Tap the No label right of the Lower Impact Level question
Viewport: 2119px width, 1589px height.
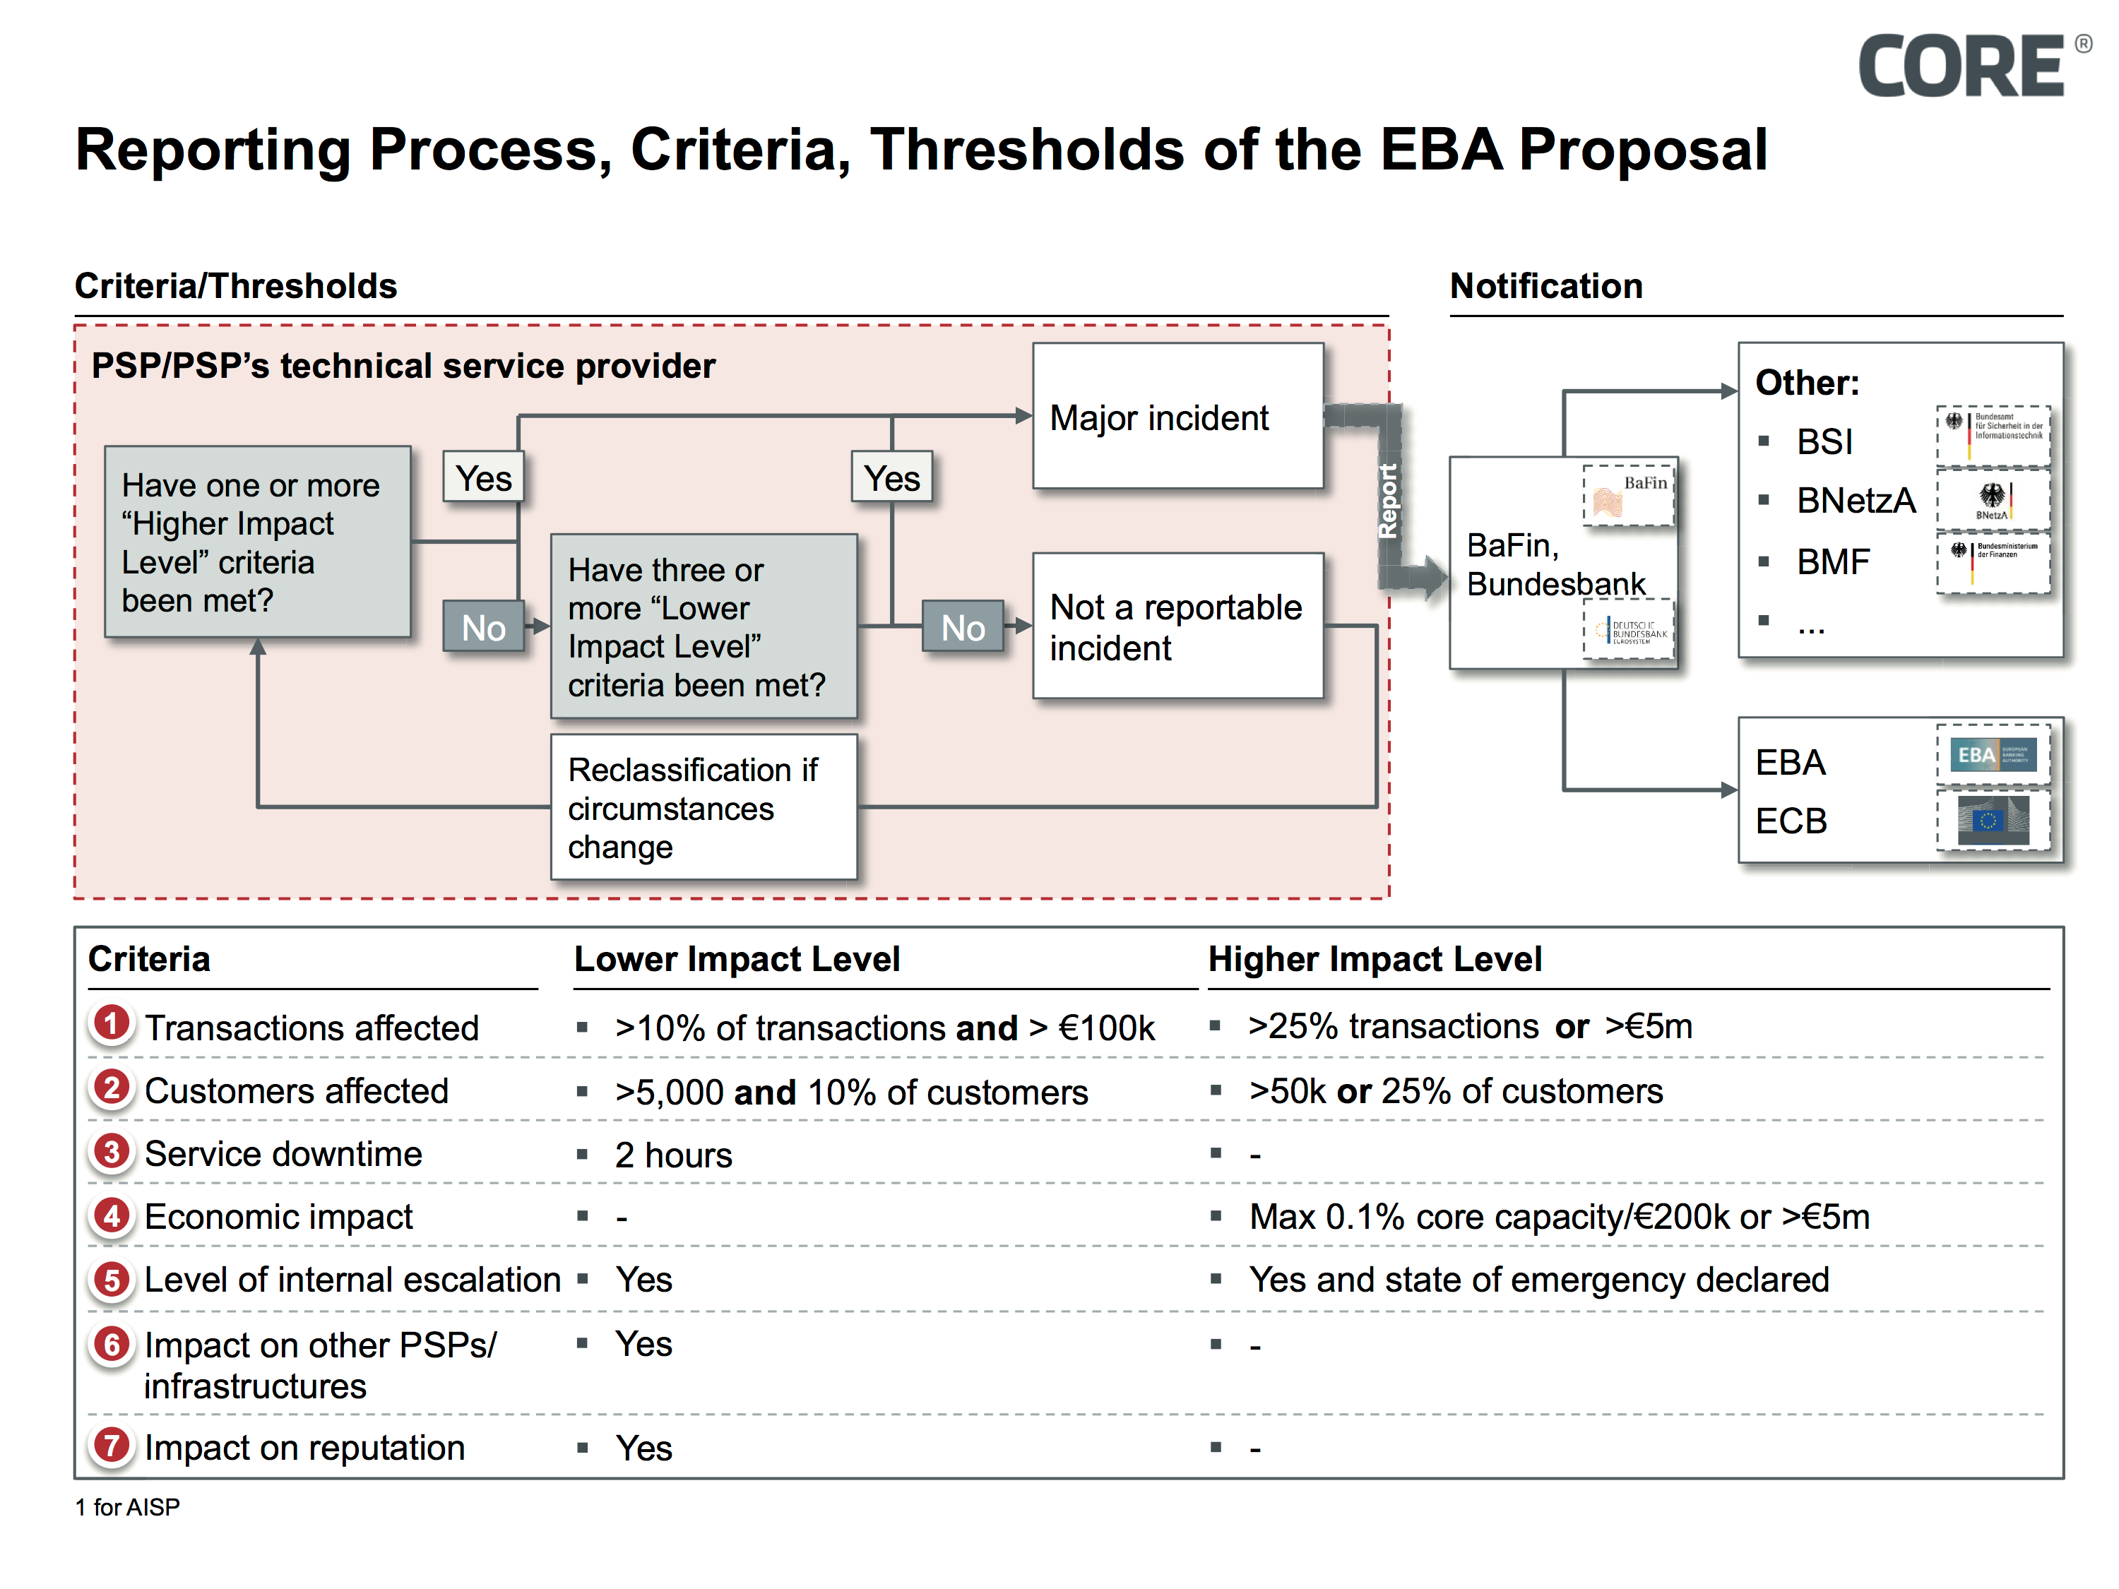coord(962,627)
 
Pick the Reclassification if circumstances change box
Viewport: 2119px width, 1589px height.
coord(702,807)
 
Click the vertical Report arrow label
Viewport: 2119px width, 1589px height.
coord(1388,500)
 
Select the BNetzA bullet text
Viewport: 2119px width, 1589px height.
coord(1855,500)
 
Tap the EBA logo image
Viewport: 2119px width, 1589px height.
coord(1993,754)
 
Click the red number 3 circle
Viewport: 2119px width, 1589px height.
coord(112,1151)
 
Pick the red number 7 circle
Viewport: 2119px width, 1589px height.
coord(112,1446)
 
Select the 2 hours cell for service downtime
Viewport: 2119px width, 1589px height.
coord(672,1155)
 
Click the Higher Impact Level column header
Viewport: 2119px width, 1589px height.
coord(1374,959)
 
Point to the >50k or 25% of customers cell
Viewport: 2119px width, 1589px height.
coord(1454,1091)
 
